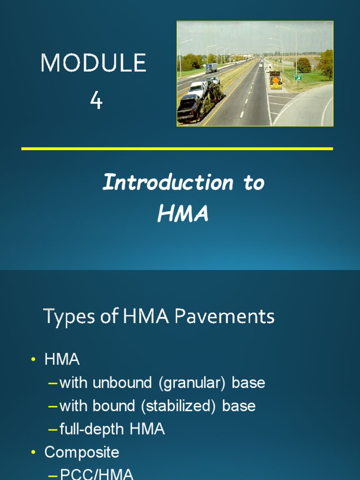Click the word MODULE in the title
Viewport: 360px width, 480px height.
click(93, 63)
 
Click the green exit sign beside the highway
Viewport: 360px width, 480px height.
click(298, 77)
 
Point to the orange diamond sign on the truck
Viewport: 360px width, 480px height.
click(276, 80)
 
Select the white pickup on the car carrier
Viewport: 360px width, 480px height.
click(198, 87)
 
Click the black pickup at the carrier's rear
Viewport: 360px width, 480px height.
click(189, 106)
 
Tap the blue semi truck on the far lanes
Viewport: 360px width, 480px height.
click(211, 68)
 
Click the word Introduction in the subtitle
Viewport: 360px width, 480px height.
click(167, 182)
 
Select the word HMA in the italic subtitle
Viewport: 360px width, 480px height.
click(183, 214)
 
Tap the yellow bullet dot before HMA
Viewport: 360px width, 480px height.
click(33, 360)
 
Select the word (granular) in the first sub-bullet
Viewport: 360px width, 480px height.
click(192, 383)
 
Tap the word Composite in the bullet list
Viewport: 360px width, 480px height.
click(82, 452)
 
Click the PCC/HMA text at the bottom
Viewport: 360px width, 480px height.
click(97, 474)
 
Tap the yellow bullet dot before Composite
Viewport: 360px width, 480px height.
click(33, 452)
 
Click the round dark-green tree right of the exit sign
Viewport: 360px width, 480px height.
click(303, 65)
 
